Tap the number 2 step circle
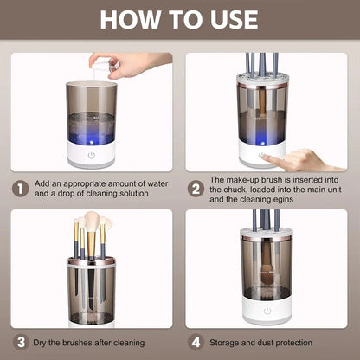196,188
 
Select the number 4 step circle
196,343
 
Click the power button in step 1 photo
91,157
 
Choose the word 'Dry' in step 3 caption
46,343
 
